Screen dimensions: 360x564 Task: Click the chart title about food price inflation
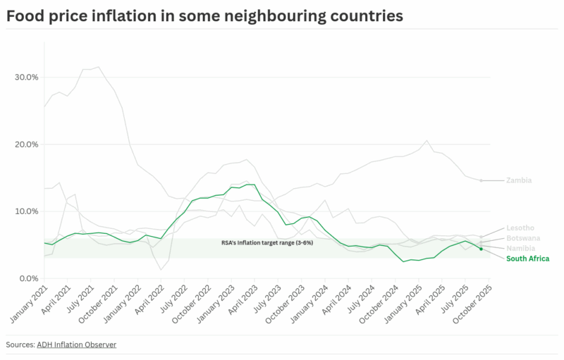tap(204, 15)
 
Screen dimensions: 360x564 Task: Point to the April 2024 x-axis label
tap(336, 301)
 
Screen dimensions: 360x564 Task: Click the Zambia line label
tap(519, 180)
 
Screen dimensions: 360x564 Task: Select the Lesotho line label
tap(520, 228)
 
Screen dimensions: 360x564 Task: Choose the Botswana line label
tap(523, 238)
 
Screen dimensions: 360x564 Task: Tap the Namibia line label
tap(521, 249)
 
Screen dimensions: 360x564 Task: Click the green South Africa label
tap(527, 259)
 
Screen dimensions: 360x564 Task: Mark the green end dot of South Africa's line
tap(481, 249)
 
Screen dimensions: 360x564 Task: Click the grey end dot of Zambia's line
tap(482, 180)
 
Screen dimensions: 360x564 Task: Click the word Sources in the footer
tap(19, 345)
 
